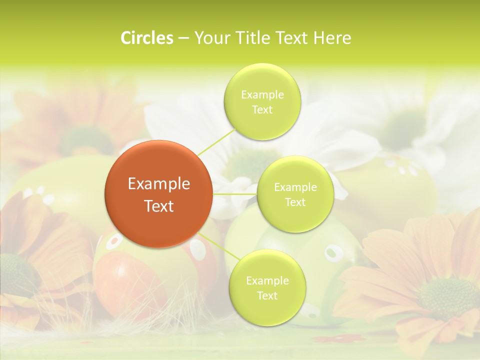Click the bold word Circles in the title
point(147,38)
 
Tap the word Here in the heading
point(332,38)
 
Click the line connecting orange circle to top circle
point(216,141)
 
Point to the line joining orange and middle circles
point(235,194)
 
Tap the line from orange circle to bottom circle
point(214,245)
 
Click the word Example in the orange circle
point(159,184)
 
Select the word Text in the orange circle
point(159,206)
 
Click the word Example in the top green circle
point(262,94)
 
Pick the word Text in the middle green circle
point(295,202)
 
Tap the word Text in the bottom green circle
point(267,295)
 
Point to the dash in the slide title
point(183,38)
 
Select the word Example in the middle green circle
point(295,187)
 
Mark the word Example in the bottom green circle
point(267,281)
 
